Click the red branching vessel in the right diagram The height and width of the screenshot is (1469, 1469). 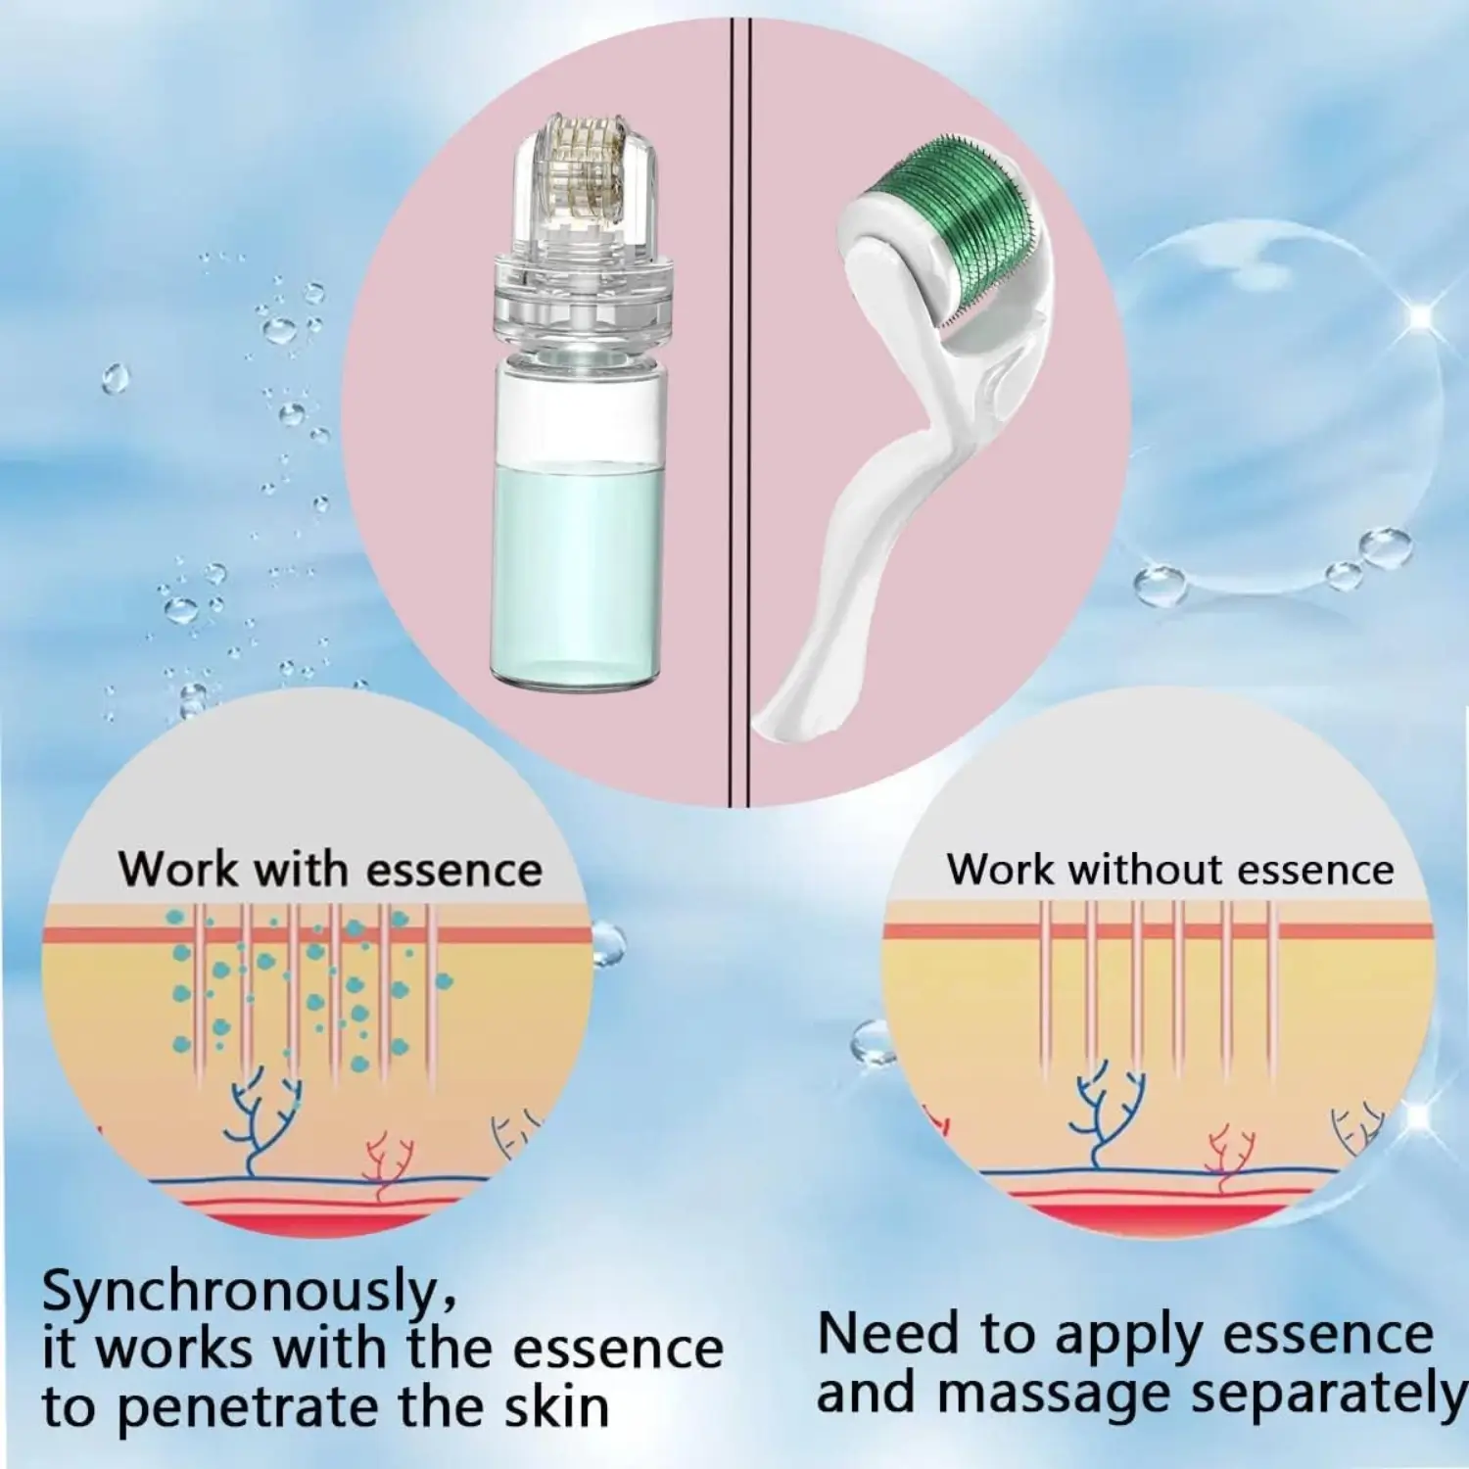tap(1228, 1157)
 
